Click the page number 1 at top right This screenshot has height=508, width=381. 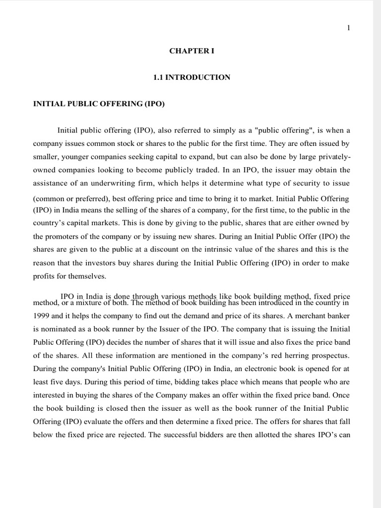coord(348,28)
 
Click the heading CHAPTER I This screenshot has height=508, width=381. coord(192,51)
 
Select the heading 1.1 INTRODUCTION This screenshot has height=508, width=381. coord(192,77)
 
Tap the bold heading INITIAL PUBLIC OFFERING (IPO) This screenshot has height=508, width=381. coord(98,104)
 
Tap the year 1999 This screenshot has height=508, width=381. coord(42,315)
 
